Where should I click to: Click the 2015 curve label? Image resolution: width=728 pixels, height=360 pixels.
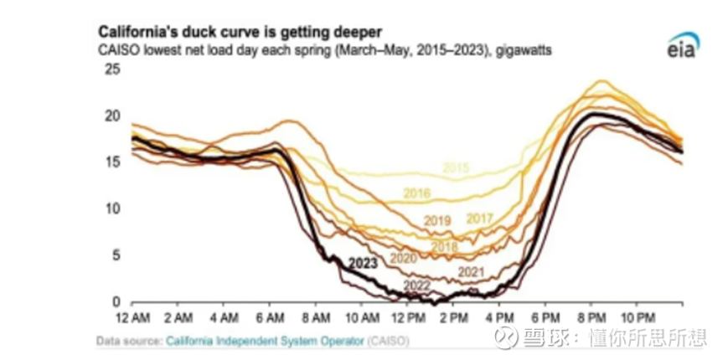click(455, 168)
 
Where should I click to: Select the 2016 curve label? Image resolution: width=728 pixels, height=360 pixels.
click(416, 193)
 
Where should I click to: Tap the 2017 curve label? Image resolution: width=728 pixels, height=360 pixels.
click(478, 219)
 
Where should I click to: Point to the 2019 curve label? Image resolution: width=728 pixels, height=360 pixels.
click(438, 220)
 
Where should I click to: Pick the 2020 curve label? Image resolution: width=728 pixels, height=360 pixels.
click(403, 258)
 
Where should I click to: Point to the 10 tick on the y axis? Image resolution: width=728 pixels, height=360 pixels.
click(113, 208)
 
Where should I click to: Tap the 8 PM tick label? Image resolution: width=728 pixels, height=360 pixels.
click(591, 318)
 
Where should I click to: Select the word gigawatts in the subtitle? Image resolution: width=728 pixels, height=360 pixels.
click(523, 51)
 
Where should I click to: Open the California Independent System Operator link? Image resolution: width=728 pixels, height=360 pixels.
click(265, 341)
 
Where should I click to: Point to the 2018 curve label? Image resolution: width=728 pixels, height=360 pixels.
click(445, 246)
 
